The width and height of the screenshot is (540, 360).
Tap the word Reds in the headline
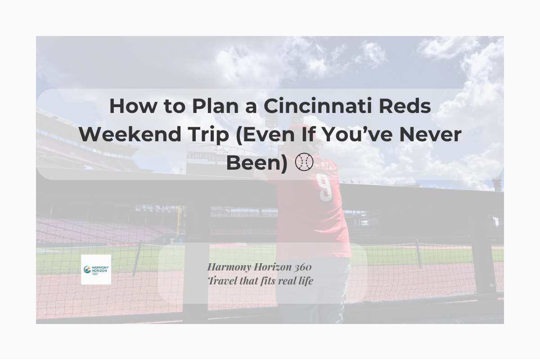408,107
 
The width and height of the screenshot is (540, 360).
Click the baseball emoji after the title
304,162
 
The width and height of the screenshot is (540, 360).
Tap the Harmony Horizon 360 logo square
96,270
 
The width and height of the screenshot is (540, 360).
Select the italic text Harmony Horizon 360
259,267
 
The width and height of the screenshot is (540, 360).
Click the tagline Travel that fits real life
260,281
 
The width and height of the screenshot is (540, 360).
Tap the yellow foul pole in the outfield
179,220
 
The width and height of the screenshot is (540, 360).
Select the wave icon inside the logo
87,270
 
